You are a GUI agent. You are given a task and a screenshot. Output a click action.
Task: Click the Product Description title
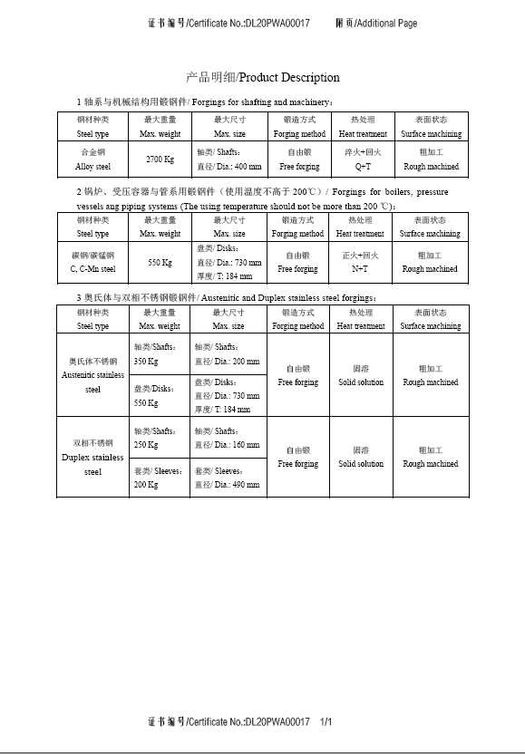pyautogui.click(x=262, y=78)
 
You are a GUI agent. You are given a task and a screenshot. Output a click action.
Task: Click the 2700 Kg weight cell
pyautogui.click(x=160, y=159)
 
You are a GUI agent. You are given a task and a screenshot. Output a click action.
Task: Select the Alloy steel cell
pyautogui.click(x=93, y=159)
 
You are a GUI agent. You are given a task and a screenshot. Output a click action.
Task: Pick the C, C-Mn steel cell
pyautogui.click(x=93, y=262)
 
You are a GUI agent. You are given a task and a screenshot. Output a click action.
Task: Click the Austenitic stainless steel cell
pyautogui.click(x=93, y=375)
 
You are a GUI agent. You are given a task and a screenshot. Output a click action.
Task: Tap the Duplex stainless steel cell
pyautogui.click(x=93, y=458)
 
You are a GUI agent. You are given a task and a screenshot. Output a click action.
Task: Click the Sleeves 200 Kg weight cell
pyautogui.click(x=158, y=478)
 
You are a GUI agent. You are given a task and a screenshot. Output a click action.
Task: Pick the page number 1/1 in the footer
pyautogui.click(x=326, y=722)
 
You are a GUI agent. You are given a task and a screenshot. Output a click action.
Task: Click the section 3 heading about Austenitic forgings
pyautogui.click(x=228, y=297)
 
